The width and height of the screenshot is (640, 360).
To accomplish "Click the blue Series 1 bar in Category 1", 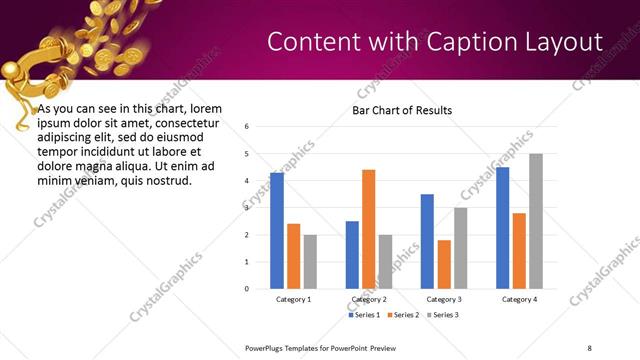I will pos(277,231).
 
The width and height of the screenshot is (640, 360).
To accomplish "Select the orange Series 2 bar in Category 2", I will pos(368,229).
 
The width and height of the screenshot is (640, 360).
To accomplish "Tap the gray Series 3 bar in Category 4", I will pos(536,221).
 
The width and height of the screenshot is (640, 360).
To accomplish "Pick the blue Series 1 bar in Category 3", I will pos(427,241).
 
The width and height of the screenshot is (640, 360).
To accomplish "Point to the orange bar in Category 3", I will pos(444,264).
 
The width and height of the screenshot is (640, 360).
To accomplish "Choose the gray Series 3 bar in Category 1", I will pos(310,262).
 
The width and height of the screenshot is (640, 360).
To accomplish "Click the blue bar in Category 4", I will pos(503,228).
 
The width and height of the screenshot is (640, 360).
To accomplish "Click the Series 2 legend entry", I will pos(402,315).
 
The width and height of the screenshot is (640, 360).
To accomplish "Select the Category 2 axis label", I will pos(369,299).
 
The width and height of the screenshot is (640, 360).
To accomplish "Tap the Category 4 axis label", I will pos(519,299).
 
